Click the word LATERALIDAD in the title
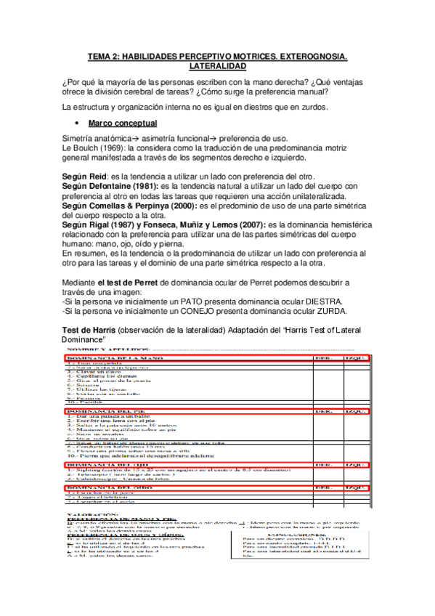pyautogui.click(x=217, y=65)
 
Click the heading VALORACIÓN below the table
pyautogui.click(x=88, y=512)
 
